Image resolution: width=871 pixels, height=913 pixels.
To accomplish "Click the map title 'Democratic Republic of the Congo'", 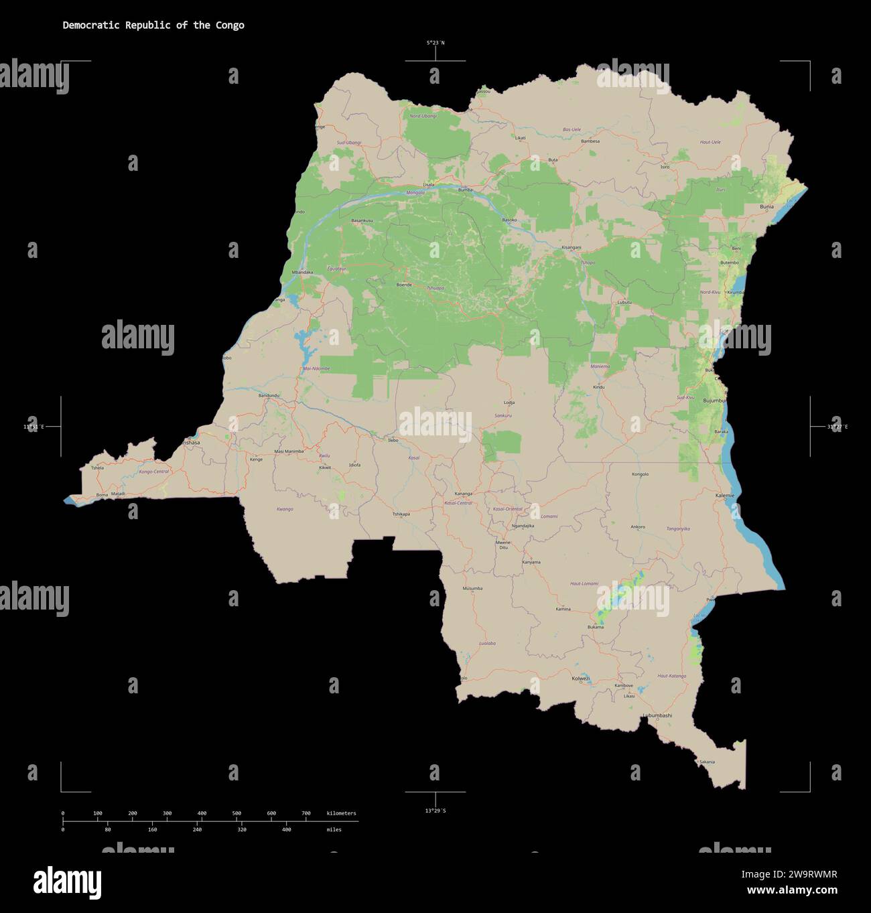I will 153,25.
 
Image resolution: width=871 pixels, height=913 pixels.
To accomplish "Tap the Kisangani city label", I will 572,247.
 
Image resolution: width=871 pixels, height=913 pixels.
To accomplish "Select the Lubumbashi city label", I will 657,715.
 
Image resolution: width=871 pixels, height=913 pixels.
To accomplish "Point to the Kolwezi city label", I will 581,679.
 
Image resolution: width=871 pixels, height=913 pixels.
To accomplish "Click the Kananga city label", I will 463,494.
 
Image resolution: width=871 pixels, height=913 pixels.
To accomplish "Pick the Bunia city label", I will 766,207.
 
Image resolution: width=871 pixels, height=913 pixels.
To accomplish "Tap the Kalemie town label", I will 725,496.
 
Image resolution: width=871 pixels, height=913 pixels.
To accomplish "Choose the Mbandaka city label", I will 302,272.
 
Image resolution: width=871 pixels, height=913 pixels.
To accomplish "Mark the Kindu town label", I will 598,387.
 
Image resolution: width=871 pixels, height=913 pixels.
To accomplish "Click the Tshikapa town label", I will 401,514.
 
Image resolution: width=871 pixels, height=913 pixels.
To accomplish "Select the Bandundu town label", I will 269,395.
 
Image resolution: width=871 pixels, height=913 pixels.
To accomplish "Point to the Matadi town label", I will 118,494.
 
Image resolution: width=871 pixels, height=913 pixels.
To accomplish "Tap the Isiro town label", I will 665,167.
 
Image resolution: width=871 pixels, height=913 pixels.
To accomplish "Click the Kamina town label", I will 563,609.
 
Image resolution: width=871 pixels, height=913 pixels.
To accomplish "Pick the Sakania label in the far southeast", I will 706,762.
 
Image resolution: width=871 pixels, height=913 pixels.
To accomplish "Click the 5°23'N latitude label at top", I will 435,43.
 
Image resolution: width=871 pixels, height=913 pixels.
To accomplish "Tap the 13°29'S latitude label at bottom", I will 435,811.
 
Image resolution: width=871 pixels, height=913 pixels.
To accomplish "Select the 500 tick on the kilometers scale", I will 237,813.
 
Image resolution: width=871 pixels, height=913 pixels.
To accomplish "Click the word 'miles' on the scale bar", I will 334,830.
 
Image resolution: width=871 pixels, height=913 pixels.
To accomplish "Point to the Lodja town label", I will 509,403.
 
